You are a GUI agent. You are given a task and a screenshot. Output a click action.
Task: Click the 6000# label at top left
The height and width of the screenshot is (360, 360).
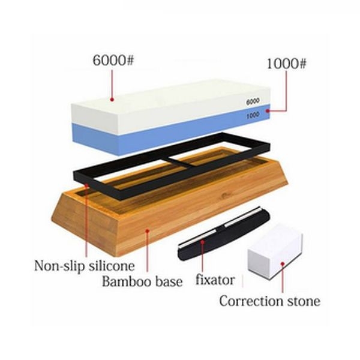[x=113, y=61]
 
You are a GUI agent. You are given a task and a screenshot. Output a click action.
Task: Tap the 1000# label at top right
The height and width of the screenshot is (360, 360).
[x=286, y=64]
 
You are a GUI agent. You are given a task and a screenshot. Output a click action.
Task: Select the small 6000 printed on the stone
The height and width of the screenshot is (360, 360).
[x=253, y=101]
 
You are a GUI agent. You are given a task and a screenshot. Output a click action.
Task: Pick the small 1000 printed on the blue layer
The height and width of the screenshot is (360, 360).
[x=253, y=115]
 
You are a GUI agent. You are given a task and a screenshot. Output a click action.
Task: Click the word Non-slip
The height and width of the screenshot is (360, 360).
[x=59, y=266]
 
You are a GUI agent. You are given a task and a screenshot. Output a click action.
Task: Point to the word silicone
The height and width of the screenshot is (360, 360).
[x=112, y=266]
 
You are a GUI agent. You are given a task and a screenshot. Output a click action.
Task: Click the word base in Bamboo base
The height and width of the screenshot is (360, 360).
[x=168, y=282]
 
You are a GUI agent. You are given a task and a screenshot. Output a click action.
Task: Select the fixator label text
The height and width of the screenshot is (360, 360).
[x=215, y=280]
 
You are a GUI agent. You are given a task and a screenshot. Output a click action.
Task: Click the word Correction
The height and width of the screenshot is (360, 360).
[x=252, y=301]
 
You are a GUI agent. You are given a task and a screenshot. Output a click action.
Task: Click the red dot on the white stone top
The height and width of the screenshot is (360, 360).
[x=112, y=100]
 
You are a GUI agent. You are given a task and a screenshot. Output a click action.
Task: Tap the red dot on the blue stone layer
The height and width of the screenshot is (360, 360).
[x=268, y=111]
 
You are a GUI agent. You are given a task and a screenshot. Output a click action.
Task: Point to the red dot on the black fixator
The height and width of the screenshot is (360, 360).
[x=202, y=242]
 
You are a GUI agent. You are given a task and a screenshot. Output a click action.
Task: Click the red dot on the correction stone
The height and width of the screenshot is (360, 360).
[x=283, y=264]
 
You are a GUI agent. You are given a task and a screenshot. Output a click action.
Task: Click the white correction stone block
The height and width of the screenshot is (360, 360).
[x=275, y=252]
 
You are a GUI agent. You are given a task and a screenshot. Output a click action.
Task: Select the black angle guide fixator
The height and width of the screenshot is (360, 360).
[x=224, y=233]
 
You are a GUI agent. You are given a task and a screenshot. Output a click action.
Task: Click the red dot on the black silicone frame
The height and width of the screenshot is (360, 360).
[x=86, y=185]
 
